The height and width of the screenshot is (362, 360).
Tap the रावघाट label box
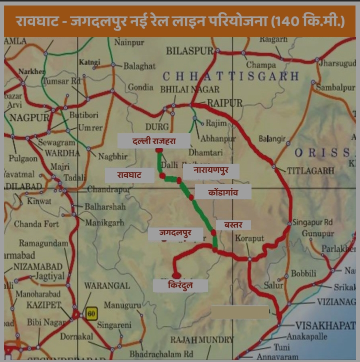129,175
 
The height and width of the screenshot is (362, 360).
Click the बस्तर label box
233,225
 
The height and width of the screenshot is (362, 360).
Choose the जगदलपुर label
175,233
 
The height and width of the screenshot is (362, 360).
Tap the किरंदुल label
180,286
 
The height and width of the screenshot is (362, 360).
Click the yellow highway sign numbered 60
90,314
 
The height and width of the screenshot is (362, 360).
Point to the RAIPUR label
224,103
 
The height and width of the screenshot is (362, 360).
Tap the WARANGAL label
106,286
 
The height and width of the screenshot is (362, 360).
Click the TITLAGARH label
310,171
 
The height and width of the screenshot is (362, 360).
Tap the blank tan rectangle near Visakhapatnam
240,312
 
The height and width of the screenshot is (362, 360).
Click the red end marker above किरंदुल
176,275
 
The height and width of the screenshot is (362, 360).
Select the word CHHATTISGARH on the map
230,77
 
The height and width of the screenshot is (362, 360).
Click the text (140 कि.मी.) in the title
307,22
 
